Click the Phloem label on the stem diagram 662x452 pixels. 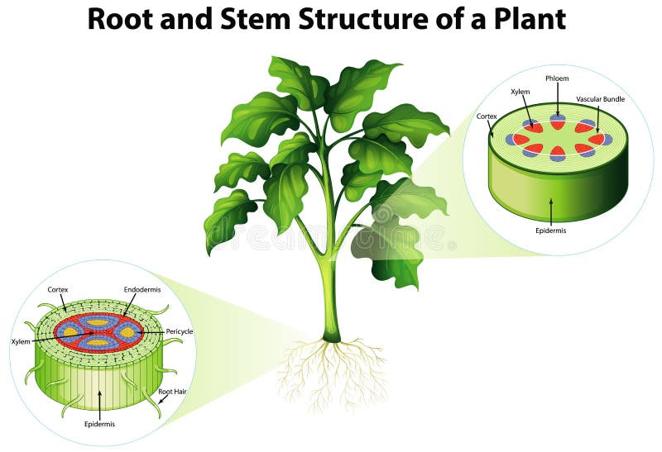557,79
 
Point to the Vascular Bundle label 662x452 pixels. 601,98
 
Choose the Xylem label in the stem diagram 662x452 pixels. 520,92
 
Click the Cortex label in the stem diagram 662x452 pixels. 487,117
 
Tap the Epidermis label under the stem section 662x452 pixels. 550,231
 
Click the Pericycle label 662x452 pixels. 180,331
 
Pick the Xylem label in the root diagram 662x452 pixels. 21,340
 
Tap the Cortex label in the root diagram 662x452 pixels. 58,289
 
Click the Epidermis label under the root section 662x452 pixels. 99,424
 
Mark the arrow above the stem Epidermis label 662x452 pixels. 550,210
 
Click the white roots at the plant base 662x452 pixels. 331,372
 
